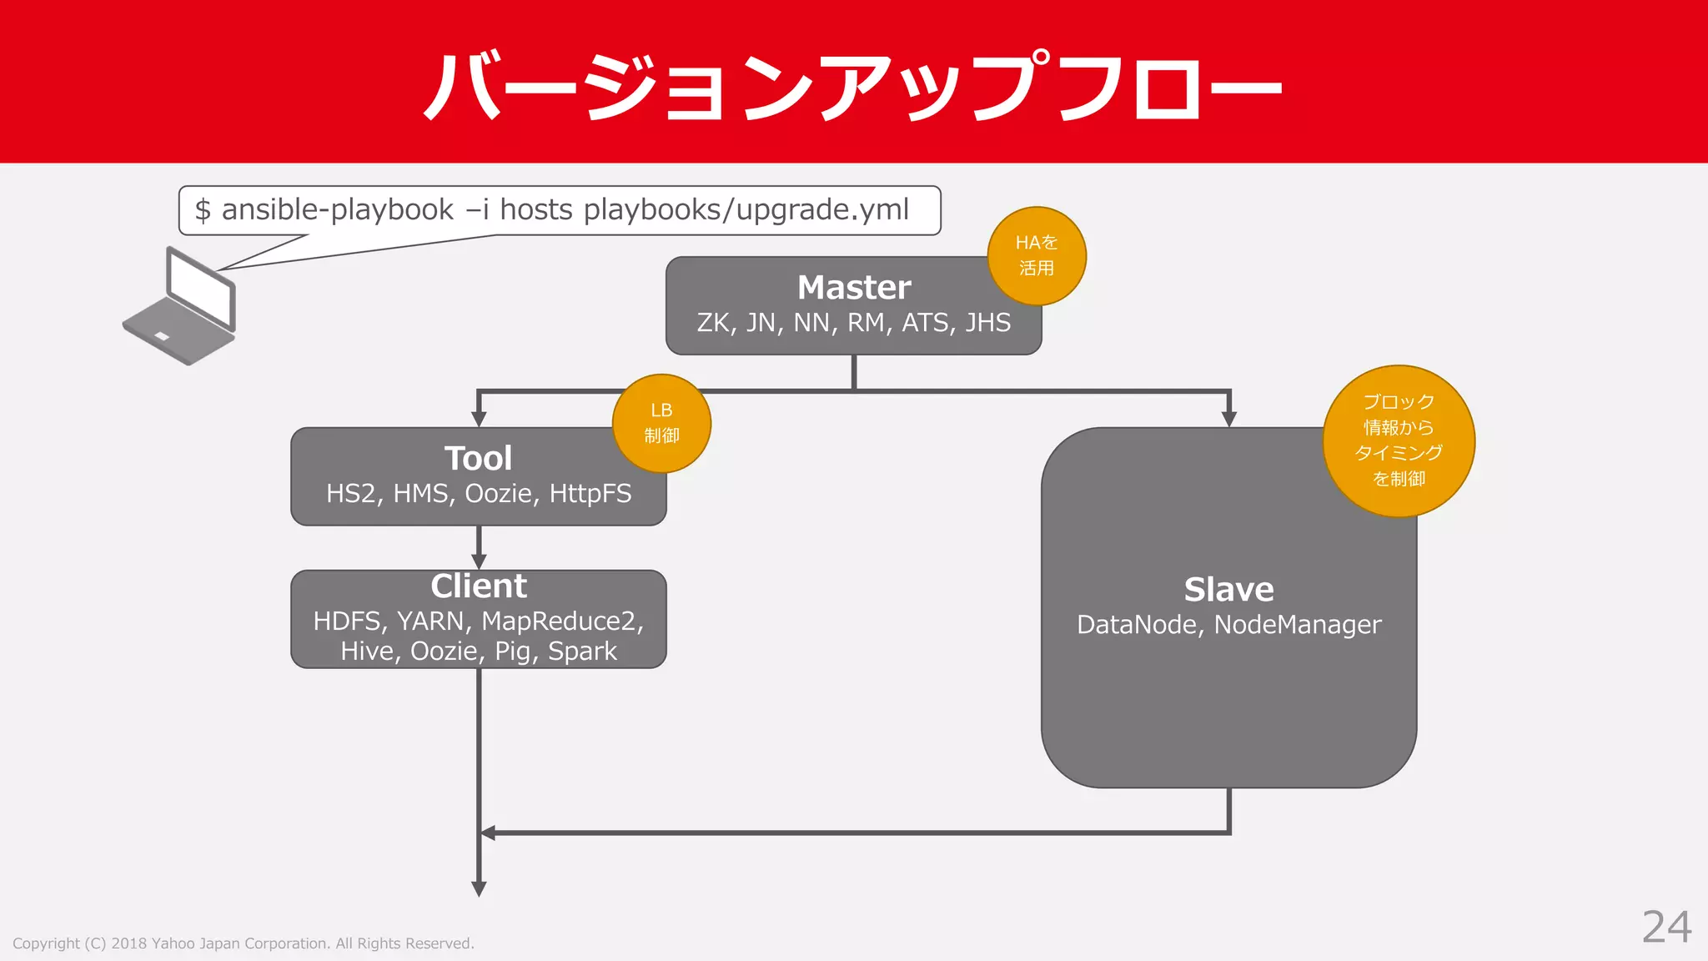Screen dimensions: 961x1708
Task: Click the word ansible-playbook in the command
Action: (x=337, y=209)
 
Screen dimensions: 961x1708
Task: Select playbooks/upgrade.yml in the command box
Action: (x=746, y=209)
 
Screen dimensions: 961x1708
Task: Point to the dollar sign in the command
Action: (x=202, y=210)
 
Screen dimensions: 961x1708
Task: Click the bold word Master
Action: (x=853, y=288)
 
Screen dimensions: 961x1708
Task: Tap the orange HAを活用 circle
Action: (x=1037, y=255)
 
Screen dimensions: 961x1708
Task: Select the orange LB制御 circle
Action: (x=661, y=423)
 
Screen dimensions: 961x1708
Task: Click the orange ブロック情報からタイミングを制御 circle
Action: (x=1399, y=440)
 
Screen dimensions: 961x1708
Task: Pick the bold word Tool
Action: (x=478, y=459)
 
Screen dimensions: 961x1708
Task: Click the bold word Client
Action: (x=478, y=586)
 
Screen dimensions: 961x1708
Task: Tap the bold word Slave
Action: (x=1228, y=590)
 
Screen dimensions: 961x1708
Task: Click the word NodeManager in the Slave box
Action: (x=1298, y=625)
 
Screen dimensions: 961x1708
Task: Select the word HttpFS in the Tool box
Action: (x=590, y=494)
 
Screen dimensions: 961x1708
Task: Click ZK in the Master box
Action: (x=714, y=323)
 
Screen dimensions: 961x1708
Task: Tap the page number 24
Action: (x=1666, y=927)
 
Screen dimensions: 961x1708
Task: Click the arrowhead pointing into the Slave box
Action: (x=1228, y=419)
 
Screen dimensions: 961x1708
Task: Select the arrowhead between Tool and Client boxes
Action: (x=479, y=561)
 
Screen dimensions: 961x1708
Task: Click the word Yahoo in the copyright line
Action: (x=173, y=943)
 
